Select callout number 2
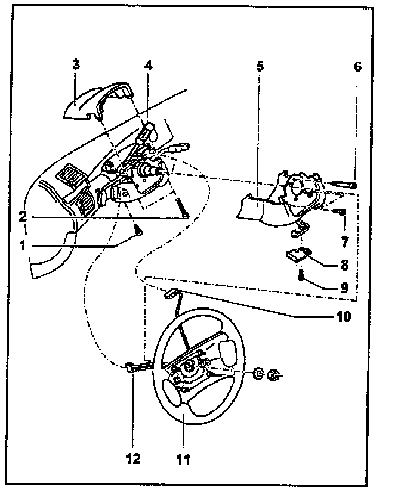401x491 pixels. pyautogui.click(x=22, y=216)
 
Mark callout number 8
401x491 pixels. pyautogui.click(x=345, y=264)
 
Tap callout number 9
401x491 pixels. pyautogui.click(x=345, y=287)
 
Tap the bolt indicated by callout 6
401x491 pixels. pyautogui.click(x=344, y=186)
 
